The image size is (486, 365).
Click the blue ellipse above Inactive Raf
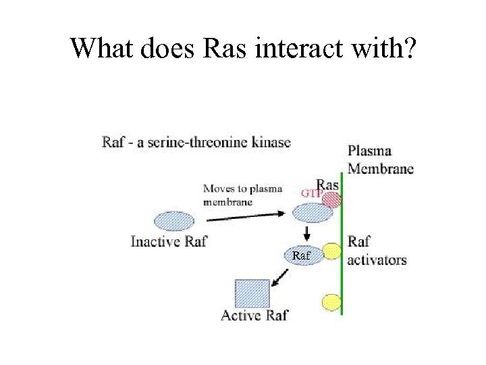click(x=174, y=221)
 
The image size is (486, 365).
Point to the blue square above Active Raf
click(x=252, y=293)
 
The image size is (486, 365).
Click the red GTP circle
click(x=331, y=199)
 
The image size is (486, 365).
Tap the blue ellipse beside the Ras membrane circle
click(x=312, y=213)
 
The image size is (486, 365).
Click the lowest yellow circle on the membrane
click(x=331, y=301)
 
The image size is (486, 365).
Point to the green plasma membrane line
click(x=342, y=270)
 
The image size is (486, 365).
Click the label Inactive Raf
click(x=168, y=241)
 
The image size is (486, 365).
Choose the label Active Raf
click(x=254, y=316)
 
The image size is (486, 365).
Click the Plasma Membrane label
click(x=380, y=160)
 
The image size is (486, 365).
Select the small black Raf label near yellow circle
click(x=301, y=255)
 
